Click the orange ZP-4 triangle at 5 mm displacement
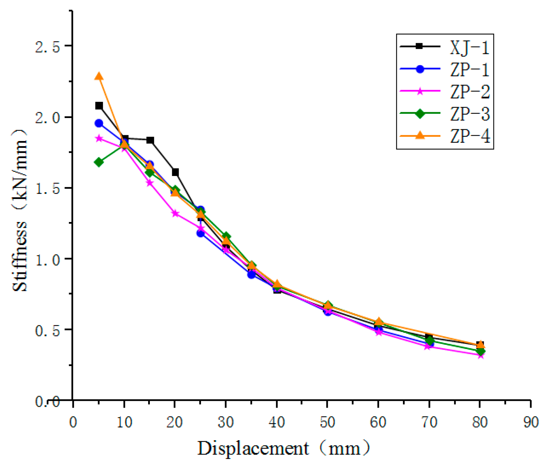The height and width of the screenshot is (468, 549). click(x=99, y=77)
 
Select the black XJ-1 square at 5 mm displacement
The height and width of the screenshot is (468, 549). click(x=99, y=106)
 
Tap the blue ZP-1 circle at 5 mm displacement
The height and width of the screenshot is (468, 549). click(x=99, y=123)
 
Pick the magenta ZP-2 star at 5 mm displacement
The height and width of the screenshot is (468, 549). click(x=99, y=138)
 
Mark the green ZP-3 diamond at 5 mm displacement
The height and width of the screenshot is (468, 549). click(x=99, y=162)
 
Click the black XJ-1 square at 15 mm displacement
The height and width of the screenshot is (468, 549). click(x=150, y=140)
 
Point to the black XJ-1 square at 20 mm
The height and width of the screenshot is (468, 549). click(x=175, y=172)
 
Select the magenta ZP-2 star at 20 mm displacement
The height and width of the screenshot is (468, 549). click(x=175, y=213)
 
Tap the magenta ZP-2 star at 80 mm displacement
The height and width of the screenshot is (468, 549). click(x=480, y=355)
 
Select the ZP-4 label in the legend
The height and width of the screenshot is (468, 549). click(x=469, y=136)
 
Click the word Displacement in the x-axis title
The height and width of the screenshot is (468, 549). click(x=253, y=448)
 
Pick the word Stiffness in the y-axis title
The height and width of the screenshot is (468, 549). click(x=20, y=256)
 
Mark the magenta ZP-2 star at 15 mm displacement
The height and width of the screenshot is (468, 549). click(x=150, y=183)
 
